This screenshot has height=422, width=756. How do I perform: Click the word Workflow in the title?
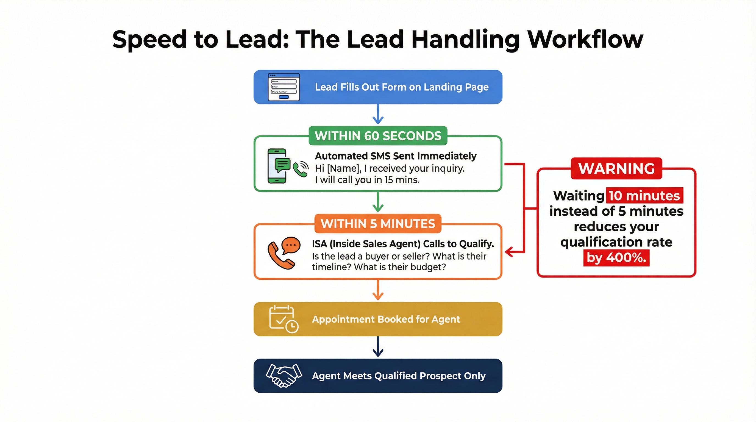[585, 40]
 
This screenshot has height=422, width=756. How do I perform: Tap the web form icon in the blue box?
[283, 87]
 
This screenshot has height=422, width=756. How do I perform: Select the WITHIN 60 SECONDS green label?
[378, 136]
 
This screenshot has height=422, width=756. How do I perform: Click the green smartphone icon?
[277, 166]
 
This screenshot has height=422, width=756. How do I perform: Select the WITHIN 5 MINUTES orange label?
[378, 224]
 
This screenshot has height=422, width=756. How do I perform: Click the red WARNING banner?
[616, 168]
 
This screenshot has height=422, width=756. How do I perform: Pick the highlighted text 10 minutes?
[644, 195]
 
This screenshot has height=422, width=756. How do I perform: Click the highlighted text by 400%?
[616, 258]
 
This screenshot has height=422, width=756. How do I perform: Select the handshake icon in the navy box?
[283, 375]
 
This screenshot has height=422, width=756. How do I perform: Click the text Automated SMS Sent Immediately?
[395, 156]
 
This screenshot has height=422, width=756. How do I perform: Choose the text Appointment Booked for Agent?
[386, 319]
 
